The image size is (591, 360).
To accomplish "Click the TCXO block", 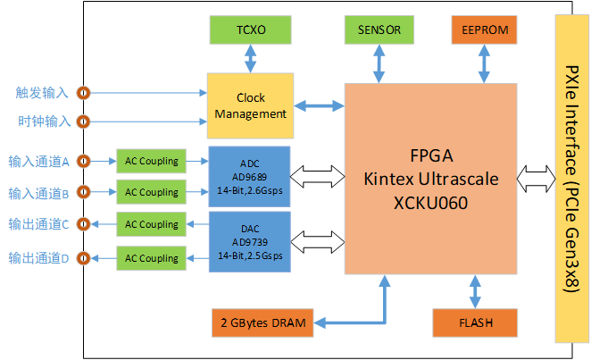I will click(x=250, y=29).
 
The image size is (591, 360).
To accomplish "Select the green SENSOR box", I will click(x=379, y=29).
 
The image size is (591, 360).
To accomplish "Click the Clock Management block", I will click(x=250, y=105).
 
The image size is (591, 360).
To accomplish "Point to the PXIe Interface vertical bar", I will click(x=571, y=179).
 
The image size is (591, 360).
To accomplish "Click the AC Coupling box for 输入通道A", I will click(x=151, y=162).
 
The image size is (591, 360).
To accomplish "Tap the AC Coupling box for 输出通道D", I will click(x=151, y=258).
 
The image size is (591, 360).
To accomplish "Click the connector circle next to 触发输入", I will click(x=84, y=92).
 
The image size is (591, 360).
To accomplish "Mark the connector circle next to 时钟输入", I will click(x=84, y=121).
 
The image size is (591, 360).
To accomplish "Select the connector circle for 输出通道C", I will click(x=84, y=223).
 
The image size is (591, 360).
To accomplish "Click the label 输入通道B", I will click(x=38, y=192).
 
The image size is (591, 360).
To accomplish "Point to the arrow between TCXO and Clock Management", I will click(x=250, y=59).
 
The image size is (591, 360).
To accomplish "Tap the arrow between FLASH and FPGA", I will click(x=474, y=291).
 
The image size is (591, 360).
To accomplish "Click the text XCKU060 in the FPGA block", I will click(x=430, y=203).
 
